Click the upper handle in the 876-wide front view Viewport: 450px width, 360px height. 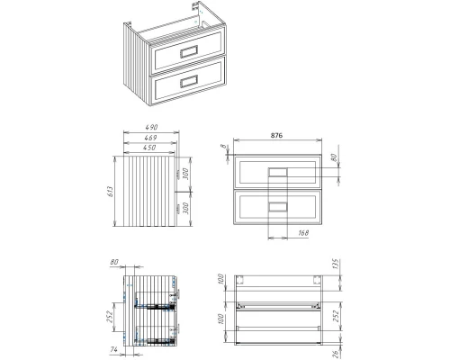tap(278, 171)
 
